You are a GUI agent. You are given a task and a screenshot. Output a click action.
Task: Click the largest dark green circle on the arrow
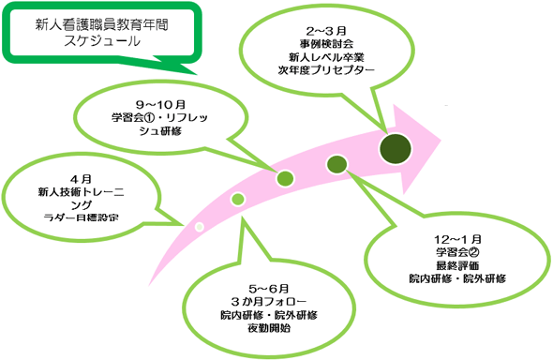coord(396,148)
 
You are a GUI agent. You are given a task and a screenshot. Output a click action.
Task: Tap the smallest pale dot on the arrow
coord(199,227)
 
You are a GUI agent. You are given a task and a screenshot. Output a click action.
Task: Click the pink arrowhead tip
coord(441,141)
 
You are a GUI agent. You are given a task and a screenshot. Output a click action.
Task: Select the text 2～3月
coord(326,31)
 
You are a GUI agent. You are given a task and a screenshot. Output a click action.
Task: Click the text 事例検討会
coord(326,44)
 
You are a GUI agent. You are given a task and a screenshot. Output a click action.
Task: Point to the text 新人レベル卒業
coord(326,57)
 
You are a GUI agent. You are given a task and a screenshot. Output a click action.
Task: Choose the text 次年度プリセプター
coord(326,70)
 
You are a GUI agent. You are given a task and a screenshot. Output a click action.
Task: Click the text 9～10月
coord(160,105)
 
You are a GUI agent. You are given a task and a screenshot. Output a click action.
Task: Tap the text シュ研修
coord(160,131)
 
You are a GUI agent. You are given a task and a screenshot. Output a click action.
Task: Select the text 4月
coord(81,179)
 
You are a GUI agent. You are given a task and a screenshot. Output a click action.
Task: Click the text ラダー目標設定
coord(81,217)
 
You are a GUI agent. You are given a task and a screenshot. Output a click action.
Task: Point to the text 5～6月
coord(269,289)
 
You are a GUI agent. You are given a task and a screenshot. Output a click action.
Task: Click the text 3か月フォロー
coord(269,302)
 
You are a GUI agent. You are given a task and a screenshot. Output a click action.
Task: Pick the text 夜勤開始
coord(269,328)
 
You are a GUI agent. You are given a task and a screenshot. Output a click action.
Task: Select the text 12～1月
coord(457,239)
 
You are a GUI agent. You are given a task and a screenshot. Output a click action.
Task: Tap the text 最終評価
coord(457,265)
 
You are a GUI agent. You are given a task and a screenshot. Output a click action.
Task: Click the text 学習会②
coord(457,252)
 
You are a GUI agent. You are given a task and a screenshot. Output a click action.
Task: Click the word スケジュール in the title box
coord(102,41)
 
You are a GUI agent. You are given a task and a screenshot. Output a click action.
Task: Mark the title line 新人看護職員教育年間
coord(102,25)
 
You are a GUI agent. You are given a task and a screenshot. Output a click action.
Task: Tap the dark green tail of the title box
coord(176,67)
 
